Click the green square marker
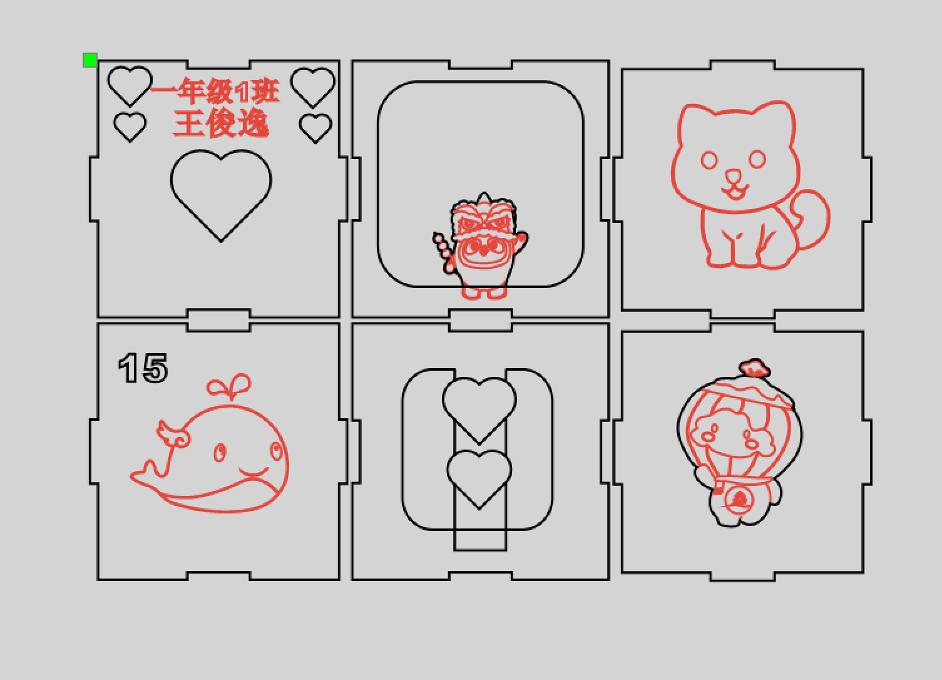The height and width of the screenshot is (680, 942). point(90,59)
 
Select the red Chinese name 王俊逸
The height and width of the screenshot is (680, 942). point(221,123)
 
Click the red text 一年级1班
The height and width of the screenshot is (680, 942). point(215,90)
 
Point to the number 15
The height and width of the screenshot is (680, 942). point(143,368)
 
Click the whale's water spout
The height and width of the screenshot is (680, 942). point(230,386)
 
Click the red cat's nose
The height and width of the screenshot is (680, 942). point(734,175)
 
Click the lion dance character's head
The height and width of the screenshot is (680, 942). point(484,218)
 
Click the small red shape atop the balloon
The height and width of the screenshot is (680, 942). point(755,368)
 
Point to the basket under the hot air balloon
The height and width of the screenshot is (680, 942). point(738,500)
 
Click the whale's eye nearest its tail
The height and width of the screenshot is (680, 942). point(220,453)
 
